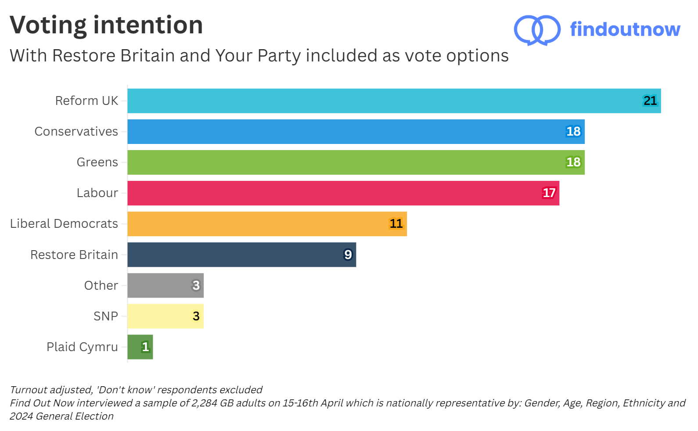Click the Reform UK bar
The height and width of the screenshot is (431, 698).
(394, 101)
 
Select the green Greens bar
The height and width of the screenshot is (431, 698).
(356, 162)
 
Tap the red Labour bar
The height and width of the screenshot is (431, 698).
(343, 193)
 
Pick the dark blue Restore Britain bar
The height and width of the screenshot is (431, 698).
(241, 255)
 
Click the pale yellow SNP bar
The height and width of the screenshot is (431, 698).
(166, 316)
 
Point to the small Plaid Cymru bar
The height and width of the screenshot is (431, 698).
(140, 347)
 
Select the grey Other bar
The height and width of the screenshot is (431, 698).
(166, 285)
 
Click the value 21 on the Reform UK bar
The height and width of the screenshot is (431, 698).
(650, 101)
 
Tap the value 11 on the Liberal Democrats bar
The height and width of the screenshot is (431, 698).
(396, 224)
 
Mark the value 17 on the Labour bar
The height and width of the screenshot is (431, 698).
(549, 193)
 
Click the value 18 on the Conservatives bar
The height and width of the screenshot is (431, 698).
(573, 132)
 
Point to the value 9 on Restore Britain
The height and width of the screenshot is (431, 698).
(348, 255)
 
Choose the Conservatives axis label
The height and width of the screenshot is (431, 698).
(76, 132)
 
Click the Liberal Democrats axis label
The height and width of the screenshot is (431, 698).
(64, 224)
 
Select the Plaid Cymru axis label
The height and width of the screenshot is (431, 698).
(82, 347)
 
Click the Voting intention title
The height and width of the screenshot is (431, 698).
(106, 25)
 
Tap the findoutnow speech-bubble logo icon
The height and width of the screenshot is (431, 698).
(537, 30)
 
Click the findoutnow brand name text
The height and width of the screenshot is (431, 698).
(625, 29)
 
